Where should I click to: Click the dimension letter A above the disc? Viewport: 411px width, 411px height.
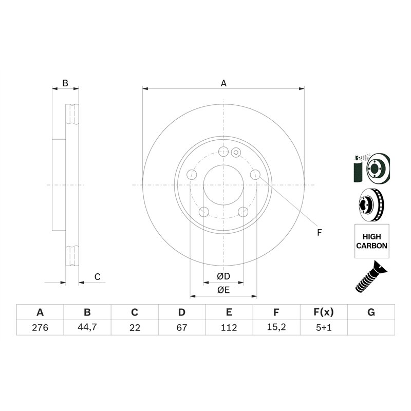pyautogui.click(x=223, y=83)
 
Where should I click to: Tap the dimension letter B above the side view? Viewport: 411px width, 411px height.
pyautogui.click(x=65, y=83)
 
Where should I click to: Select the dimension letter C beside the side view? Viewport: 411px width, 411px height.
pyautogui.click(x=97, y=277)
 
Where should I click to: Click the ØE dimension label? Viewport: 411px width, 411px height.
pyautogui.click(x=223, y=290)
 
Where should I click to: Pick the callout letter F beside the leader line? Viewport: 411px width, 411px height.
pyautogui.click(x=319, y=233)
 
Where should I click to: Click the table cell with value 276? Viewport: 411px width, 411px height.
pyautogui.click(x=40, y=327)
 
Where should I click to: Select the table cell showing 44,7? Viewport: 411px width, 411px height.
pyautogui.click(x=87, y=327)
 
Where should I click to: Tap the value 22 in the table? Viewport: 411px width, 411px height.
pyautogui.click(x=135, y=327)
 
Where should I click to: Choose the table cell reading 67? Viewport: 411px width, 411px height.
pyautogui.click(x=182, y=327)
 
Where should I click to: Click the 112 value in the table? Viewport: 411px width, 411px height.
pyautogui.click(x=229, y=327)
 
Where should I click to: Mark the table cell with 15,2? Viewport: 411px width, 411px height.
pyautogui.click(x=276, y=327)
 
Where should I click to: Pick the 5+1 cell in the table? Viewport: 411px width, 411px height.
pyautogui.click(x=324, y=327)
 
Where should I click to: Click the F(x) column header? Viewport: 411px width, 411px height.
pyautogui.click(x=324, y=312)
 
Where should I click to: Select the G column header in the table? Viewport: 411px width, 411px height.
pyautogui.click(x=371, y=312)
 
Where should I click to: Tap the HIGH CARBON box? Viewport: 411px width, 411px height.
pyautogui.click(x=371, y=241)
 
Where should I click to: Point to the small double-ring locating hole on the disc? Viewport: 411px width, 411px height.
pyautogui.click(x=236, y=152)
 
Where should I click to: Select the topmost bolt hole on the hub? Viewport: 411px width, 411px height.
pyautogui.click(x=223, y=152)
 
